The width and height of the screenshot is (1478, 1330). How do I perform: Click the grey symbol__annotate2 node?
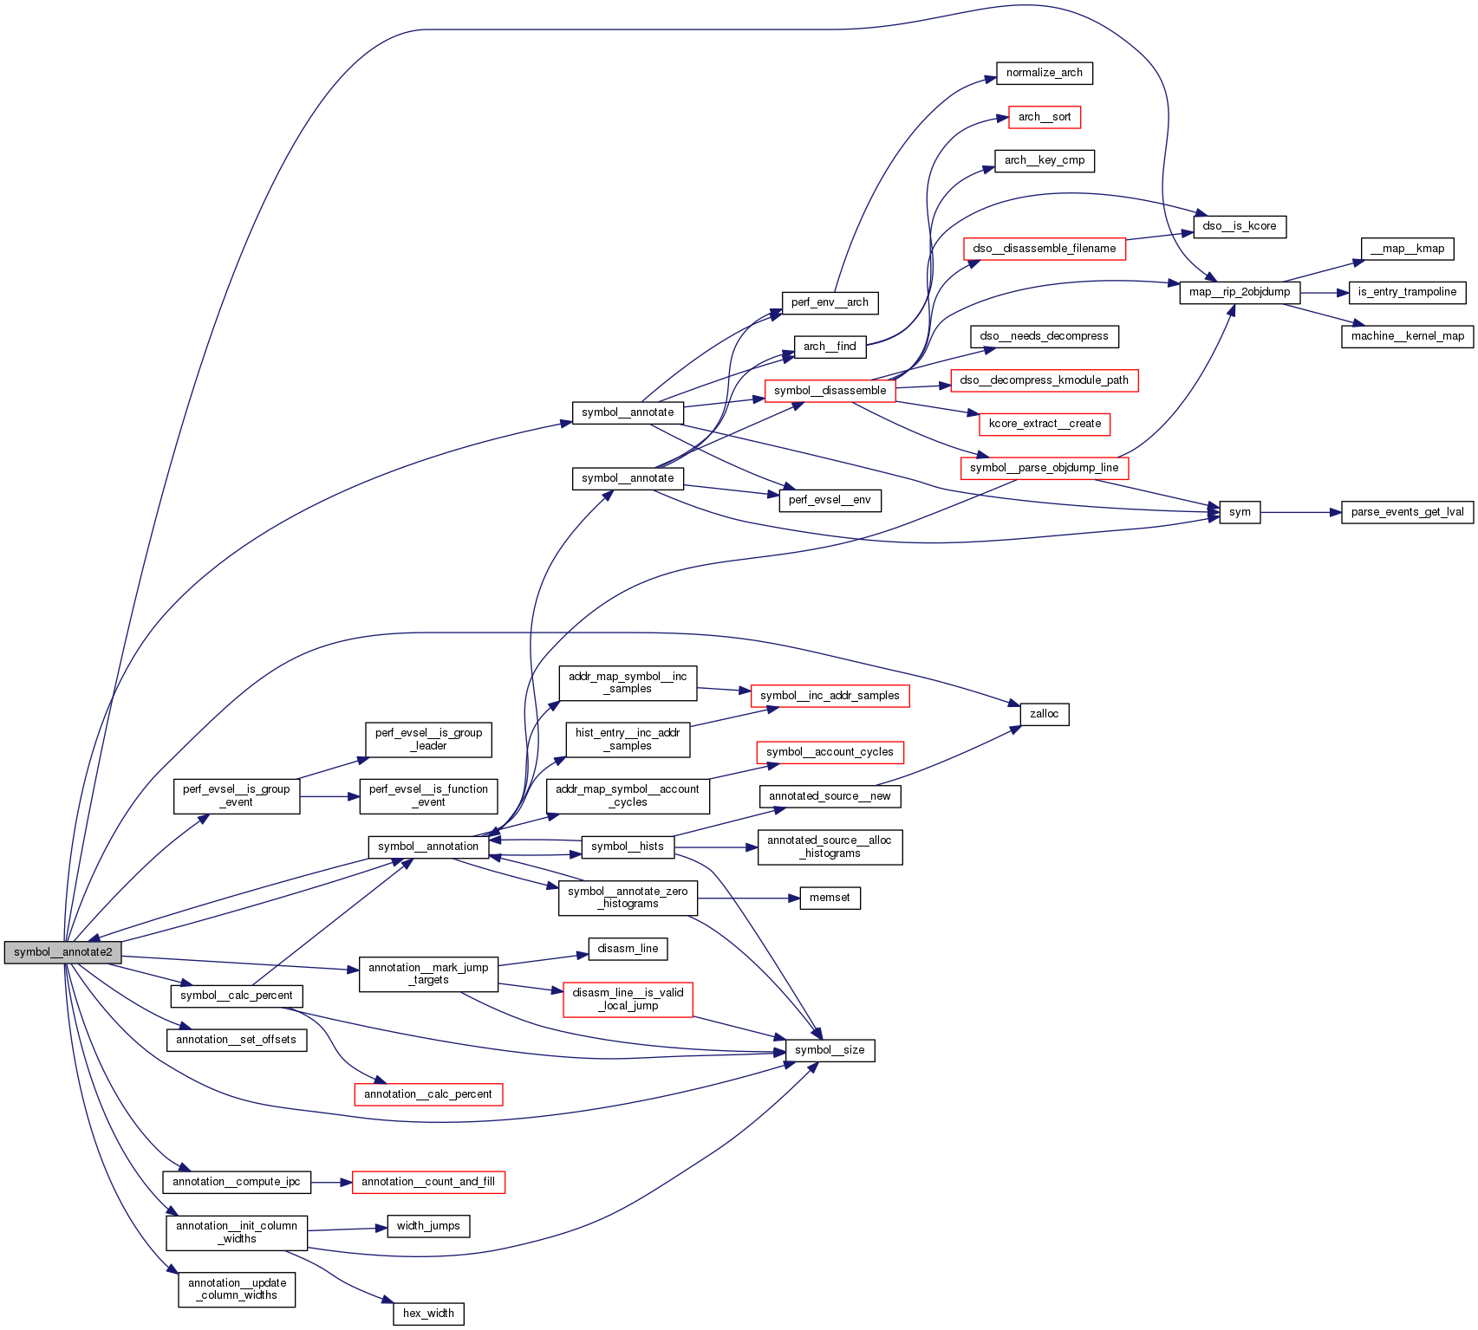[62, 952]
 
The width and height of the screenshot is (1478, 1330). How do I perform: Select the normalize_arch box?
[1044, 73]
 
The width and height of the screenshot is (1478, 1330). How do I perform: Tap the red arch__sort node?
[1044, 117]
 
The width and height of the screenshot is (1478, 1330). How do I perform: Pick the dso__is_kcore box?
[1239, 226]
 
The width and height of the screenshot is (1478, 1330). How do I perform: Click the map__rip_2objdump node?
[1239, 292]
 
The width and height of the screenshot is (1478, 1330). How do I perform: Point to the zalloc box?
[1044, 714]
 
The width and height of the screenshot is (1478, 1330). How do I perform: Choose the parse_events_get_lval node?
[1406, 512]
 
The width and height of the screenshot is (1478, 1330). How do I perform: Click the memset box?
[829, 898]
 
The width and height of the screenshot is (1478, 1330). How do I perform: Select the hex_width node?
[428, 1314]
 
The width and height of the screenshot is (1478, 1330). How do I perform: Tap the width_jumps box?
[428, 1226]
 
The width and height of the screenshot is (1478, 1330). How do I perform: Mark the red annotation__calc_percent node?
[427, 1094]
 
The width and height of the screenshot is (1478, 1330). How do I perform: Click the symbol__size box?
[829, 1050]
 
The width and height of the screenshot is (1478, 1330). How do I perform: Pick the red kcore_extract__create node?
[1044, 424]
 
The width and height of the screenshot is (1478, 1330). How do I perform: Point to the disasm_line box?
[628, 949]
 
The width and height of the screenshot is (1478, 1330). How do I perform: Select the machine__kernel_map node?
[1406, 336]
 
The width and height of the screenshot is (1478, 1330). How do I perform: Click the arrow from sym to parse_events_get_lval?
[1300, 512]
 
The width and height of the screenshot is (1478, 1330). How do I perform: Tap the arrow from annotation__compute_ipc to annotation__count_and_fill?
[331, 1182]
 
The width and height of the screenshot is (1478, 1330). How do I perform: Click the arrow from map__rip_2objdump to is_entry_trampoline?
[1325, 293]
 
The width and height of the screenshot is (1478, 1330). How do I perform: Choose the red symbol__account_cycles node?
[829, 752]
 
